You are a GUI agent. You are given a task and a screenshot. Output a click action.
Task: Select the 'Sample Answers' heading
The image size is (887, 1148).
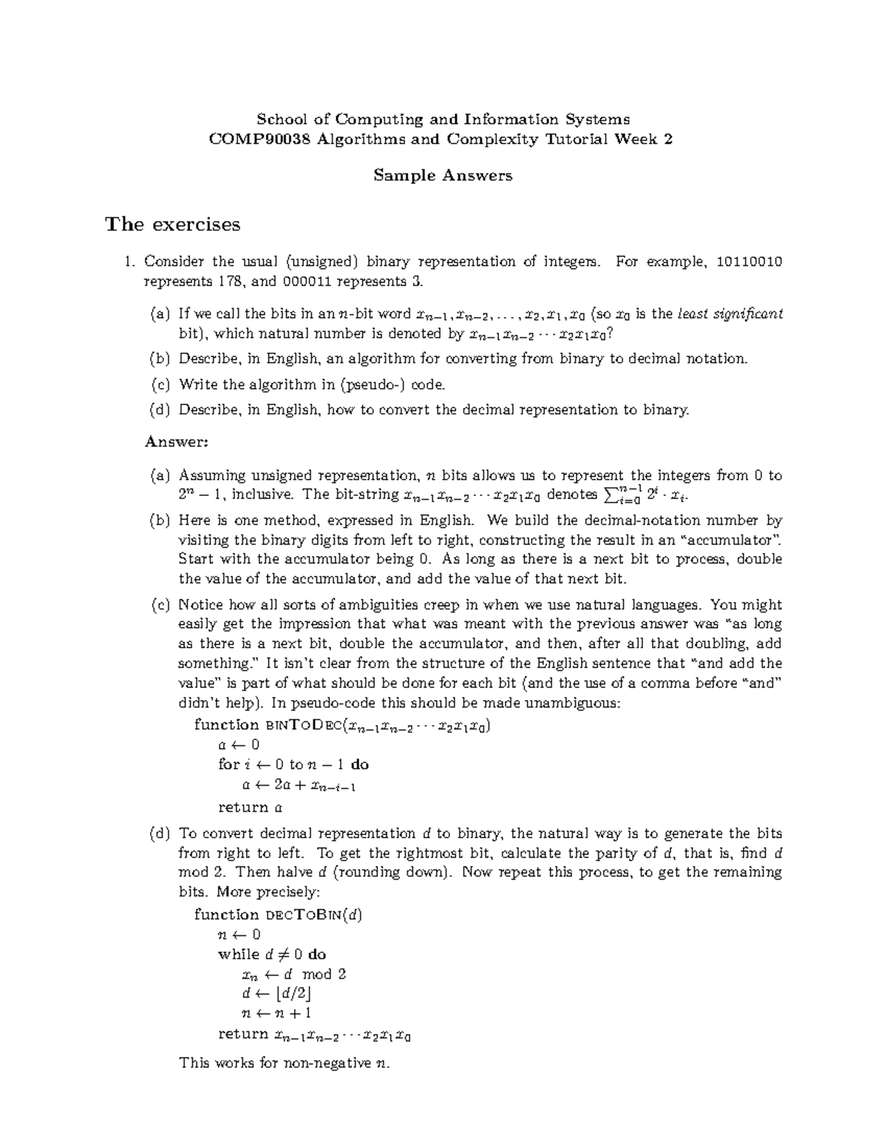(443, 175)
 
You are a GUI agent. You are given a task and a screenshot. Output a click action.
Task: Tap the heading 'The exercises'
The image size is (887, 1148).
(173, 224)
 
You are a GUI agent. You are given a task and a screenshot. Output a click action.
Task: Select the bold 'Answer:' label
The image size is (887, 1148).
(177, 442)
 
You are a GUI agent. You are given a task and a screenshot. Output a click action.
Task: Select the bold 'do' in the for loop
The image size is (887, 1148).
(360, 764)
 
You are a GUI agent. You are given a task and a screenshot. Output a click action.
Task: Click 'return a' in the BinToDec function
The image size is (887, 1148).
(251, 807)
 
